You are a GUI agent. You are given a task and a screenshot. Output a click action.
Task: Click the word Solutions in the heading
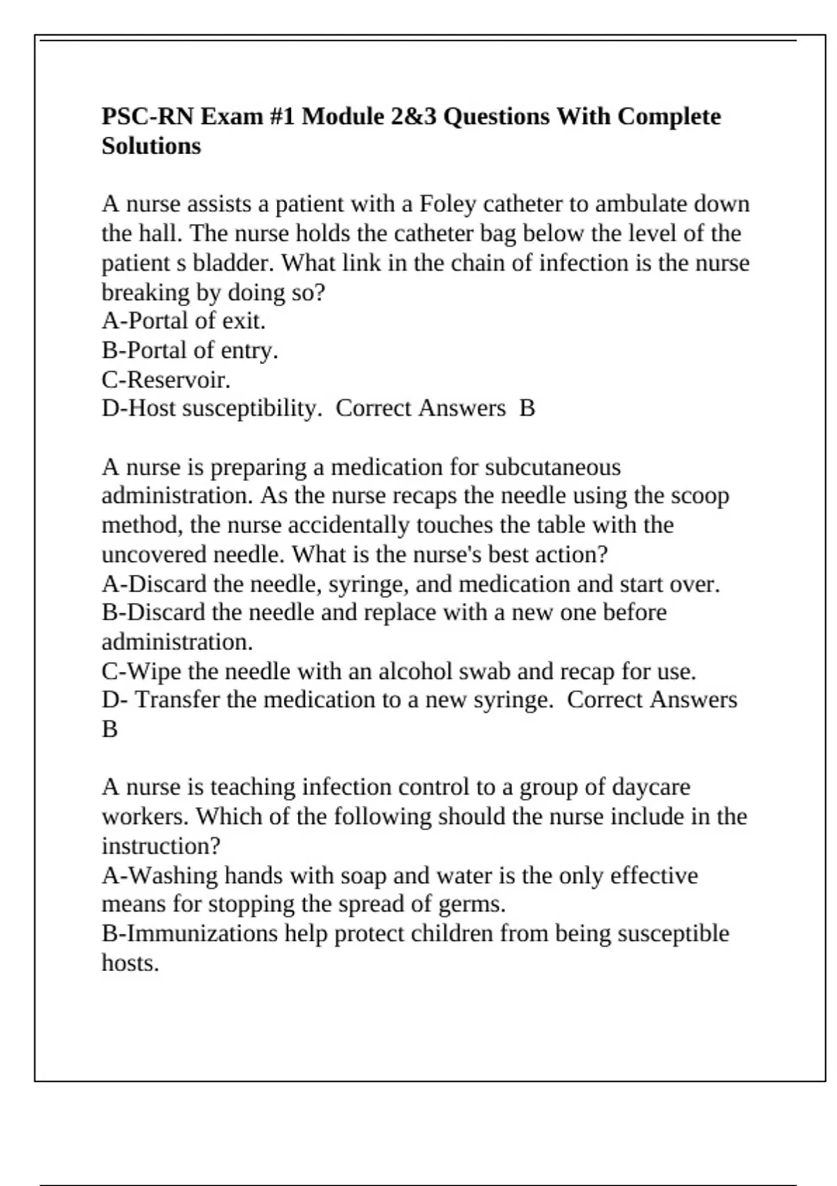pyautogui.click(x=151, y=146)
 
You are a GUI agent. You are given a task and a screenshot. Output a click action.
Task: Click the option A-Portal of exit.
pyautogui.click(x=183, y=321)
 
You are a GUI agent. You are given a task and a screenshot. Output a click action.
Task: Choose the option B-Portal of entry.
pyautogui.click(x=190, y=350)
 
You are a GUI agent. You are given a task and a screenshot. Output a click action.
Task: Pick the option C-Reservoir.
pyautogui.click(x=166, y=380)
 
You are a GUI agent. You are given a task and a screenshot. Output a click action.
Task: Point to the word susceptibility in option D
pyautogui.click(x=248, y=409)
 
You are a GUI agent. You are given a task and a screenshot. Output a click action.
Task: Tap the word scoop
pyautogui.click(x=700, y=496)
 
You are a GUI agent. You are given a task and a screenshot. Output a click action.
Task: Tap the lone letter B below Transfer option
pyautogui.click(x=110, y=729)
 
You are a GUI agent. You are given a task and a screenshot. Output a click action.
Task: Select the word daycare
pyautogui.click(x=651, y=787)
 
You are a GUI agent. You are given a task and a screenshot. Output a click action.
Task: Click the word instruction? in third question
pyautogui.click(x=160, y=846)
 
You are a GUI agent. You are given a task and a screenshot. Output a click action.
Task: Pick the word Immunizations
pyautogui.click(x=202, y=933)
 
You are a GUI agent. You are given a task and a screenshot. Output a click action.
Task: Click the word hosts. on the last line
pyautogui.click(x=130, y=963)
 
